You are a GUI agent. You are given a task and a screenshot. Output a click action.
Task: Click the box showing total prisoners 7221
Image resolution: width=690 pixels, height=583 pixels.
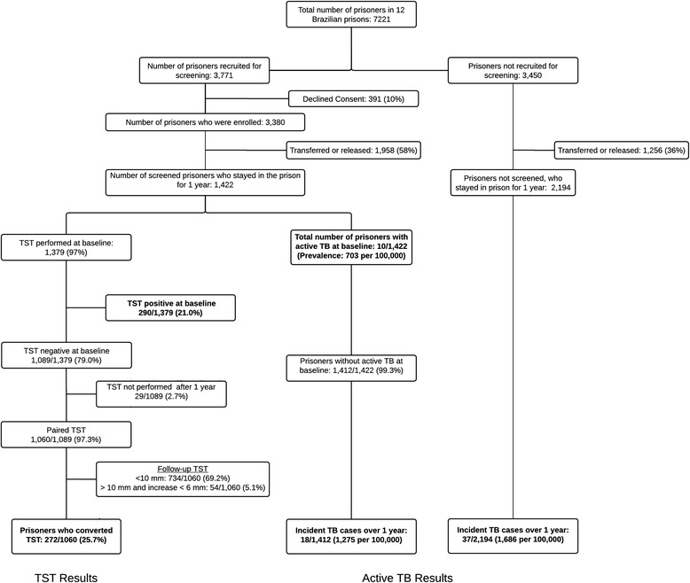click(351, 14)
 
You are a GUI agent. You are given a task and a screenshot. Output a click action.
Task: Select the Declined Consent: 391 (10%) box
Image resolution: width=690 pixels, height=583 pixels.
click(353, 99)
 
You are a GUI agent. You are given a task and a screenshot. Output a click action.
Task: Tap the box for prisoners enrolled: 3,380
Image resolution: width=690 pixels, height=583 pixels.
click(205, 122)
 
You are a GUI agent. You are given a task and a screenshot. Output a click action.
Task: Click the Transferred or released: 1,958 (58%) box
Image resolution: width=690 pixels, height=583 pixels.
click(353, 151)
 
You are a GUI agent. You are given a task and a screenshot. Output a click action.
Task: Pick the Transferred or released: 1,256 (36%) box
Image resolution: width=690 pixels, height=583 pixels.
click(621, 151)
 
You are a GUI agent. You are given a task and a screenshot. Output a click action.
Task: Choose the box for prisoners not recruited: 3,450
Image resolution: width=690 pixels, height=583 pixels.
click(513, 70)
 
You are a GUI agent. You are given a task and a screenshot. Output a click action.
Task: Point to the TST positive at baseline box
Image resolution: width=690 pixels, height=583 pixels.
click(171, 307)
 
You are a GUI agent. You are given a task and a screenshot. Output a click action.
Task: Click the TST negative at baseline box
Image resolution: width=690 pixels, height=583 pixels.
click(67, 355)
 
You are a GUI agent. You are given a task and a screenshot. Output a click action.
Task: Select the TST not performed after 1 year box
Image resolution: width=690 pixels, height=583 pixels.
click(161, 394)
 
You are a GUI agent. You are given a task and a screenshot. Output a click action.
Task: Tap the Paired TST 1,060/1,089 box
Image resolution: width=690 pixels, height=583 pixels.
click(66, 435)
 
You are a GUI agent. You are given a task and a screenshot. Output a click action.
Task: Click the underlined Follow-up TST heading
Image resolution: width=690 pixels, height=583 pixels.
click(183, 469)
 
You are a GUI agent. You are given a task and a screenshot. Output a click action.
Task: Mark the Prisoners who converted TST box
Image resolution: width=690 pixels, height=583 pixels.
click(66, 536)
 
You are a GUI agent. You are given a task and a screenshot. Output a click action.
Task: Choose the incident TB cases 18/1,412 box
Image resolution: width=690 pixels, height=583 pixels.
click(351, 536)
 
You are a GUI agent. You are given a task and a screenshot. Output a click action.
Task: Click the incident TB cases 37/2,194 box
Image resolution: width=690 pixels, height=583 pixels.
click(513, 536)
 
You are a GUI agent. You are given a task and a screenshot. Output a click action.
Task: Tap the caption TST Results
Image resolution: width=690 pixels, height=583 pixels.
click(66, 578)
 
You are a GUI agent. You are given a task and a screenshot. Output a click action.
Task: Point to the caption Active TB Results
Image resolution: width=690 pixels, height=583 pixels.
click(407, 578)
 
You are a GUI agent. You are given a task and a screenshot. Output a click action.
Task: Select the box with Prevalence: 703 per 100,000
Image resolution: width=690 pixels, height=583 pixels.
click(351, 247)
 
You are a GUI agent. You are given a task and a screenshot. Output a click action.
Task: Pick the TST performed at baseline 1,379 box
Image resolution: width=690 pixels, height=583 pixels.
click(66, 247)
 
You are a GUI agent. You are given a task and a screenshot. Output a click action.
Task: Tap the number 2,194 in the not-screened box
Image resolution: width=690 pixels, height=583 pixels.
click(561, 188)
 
